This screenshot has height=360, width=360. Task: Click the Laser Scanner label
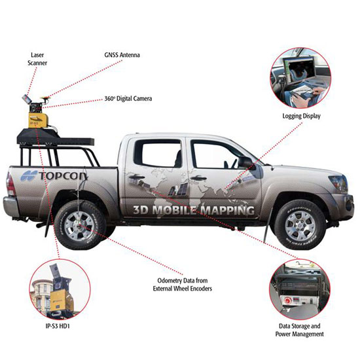point(37,59)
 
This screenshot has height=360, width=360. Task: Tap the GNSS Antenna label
point(122,55)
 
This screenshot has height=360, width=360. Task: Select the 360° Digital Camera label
point(128,99)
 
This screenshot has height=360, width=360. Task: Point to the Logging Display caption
point(301,116)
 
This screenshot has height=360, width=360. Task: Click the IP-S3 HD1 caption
point(58,326)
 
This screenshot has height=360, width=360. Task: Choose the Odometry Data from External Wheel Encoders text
point(183,285)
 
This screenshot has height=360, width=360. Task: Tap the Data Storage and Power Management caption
point(300,330)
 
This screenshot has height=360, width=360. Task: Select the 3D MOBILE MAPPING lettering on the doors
point(194,210)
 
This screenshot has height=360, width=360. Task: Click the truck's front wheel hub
point(300,226)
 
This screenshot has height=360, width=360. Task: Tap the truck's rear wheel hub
point(79,226)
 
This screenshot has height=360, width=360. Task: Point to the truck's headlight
point(339,183)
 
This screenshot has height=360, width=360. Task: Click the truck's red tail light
point(10,184)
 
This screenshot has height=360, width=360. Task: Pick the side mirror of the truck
point(246,162)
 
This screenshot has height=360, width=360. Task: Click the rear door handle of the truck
point(137,177)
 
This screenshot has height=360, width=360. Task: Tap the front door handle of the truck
point(198,178)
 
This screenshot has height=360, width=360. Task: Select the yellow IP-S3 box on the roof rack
point(38,120)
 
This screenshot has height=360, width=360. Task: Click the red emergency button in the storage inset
point(287,300)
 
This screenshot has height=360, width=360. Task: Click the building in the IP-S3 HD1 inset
point(41,296)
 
